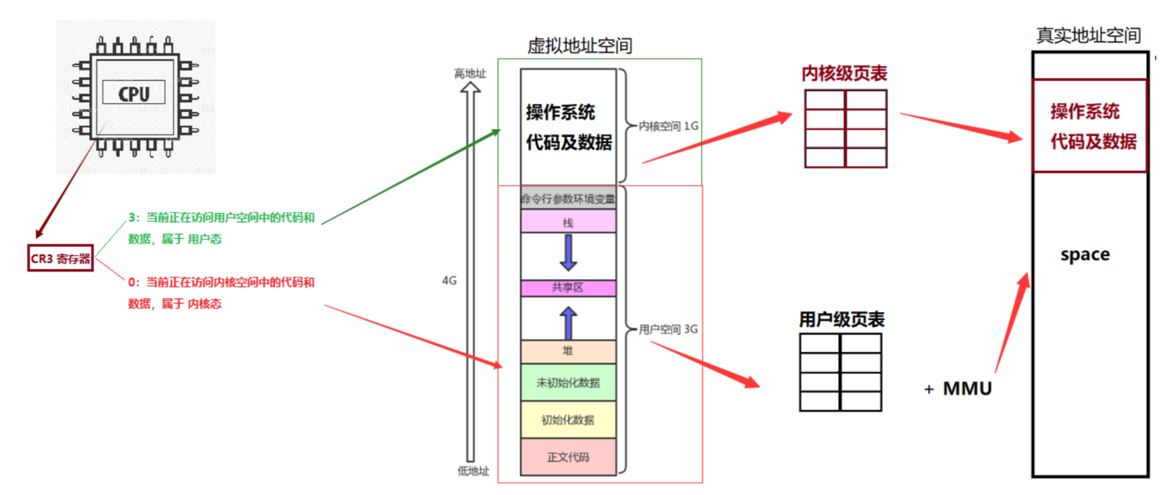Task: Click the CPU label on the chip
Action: pyautogui.click(x=134, y=93)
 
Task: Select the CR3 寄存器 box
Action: pyautogui.click(x=60, y=258)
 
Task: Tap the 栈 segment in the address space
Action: pyautogui.click(x=568, y=222)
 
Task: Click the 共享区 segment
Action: pyautogui.click(x=568, y=287)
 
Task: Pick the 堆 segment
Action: pyautogui.click(x=568, y=351)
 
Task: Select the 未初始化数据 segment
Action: pyautogui.click(x=568, y=383)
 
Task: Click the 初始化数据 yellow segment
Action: pyautogui.click(x=568, y=420)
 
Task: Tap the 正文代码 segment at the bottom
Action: pyautogui.click(x=568, y=457)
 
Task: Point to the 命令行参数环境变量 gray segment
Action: pyautogui.click(x=568, y=199)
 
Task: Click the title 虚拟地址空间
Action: pyautogui.click(x=579, y=46)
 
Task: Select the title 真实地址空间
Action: pyautogui.click(x=1089, y=35)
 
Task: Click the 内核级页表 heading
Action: pyautogui.click(x=844, y=74)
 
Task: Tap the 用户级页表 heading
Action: pyautogui.click(x=842, y=319)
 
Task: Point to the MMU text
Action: pyautogui.click(x=967, y=388)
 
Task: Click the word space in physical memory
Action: pyautogui.click(x=1085, y=255)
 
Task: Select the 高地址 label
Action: pyautogui.click(x=470, y=74)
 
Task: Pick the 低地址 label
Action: pyautogui.click(x=473, y=471)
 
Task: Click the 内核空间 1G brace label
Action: pyautogui.click(x=668, y=126)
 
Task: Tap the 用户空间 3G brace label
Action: pyautogui.click(x=668, y=330)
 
